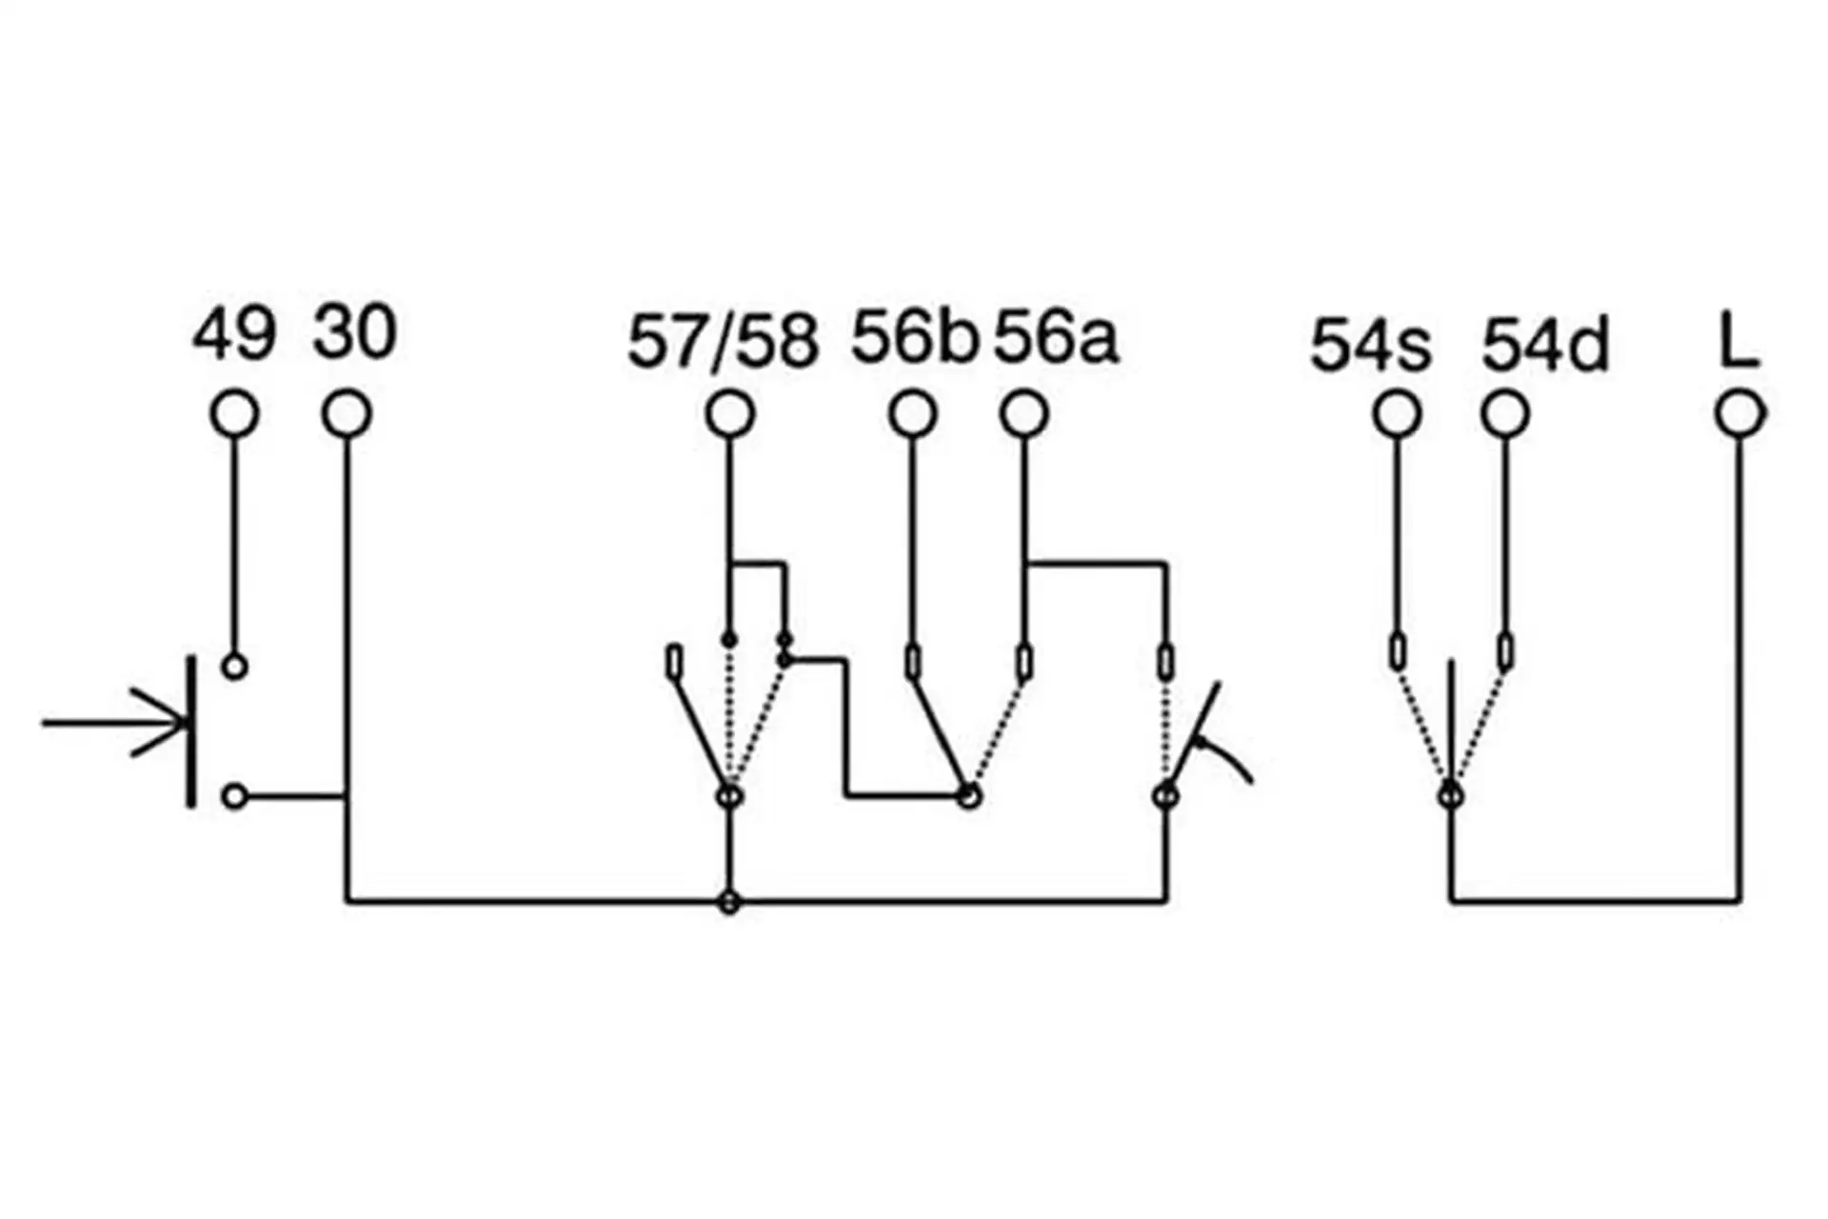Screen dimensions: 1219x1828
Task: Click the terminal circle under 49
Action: (234, 414)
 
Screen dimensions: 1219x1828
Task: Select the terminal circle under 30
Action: (347, 414)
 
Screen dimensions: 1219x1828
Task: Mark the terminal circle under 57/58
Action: (730, 414)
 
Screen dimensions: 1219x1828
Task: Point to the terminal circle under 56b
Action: (913, 414)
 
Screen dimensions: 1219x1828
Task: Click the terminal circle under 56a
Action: (1024, 414)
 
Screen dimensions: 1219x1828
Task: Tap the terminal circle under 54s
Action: (1397, 414)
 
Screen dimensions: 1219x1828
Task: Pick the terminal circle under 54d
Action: (1505, 414)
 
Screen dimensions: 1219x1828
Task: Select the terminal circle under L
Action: (1740, 414)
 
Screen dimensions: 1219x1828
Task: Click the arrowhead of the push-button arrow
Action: (171, 723)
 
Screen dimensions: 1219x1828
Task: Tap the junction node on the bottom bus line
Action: (729, 901)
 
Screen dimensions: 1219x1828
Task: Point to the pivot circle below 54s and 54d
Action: (1450, 794)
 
